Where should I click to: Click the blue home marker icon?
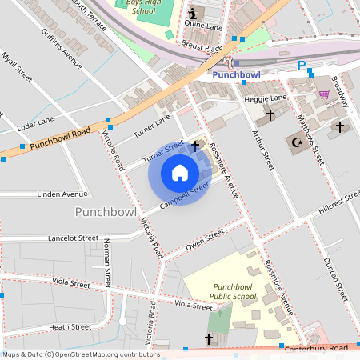(x=180, y=173)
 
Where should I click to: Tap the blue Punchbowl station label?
(x=238, y=75)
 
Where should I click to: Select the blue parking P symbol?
(x=302, y=66)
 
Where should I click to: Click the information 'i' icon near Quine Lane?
(x=193, y=14)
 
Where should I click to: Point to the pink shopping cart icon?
(x=324, y=94)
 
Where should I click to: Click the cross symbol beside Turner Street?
(x=197, y=145)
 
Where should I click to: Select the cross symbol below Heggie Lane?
(x=270, y=115)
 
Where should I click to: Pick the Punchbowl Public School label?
(x=234, y=291)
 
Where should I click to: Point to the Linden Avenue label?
(x=62, y=194)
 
